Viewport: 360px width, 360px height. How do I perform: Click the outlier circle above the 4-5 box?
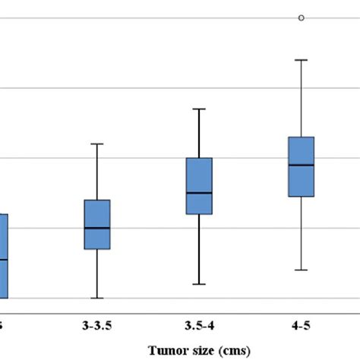302,17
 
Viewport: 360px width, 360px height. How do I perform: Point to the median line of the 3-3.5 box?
97,228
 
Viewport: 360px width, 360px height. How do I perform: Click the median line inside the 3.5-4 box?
199,192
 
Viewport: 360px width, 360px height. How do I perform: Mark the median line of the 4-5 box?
302,165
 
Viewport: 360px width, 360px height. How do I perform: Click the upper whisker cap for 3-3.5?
97,144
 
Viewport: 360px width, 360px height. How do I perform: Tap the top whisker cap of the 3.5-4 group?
199,109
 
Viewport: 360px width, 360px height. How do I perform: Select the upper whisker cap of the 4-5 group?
302,59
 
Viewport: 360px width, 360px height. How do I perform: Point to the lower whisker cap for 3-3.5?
97,298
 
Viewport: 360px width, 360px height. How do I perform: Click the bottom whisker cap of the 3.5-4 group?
199,284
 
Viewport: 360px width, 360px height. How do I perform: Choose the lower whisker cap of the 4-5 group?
302,270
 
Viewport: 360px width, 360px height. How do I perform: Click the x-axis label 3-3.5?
96,325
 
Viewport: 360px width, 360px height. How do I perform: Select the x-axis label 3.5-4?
199,325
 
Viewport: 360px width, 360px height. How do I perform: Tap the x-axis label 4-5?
302,325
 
